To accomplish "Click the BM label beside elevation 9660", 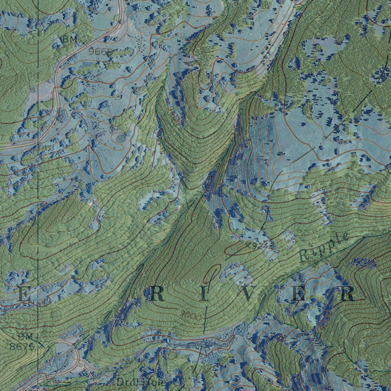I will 70,39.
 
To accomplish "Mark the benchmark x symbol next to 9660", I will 85,40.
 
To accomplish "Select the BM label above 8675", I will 26,336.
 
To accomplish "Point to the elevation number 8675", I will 23,347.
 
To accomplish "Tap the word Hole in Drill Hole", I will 154,382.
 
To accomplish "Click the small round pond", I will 121,137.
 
